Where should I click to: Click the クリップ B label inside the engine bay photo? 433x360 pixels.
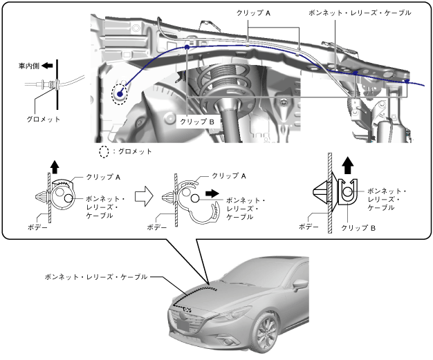click(199, 121)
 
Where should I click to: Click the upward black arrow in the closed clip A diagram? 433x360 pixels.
click(53, 165)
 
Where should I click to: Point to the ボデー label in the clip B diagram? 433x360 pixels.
click(308, 226)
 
